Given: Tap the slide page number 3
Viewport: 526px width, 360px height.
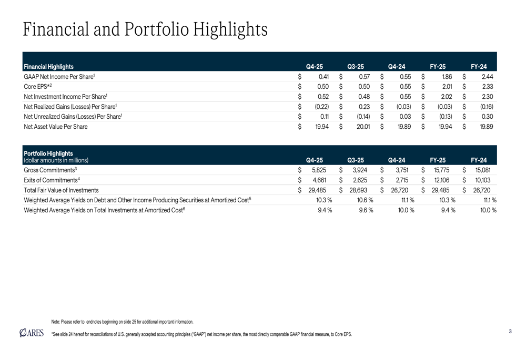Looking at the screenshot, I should (x=510, y=331).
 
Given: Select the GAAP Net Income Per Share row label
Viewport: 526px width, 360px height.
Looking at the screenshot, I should (x=59, y=77).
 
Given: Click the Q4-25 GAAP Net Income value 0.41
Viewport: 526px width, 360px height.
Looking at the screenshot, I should (x=324, y=77).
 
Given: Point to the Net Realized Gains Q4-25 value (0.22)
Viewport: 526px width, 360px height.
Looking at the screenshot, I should (x=322, y=107).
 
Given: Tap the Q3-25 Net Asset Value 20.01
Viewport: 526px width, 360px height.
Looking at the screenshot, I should (x=363, y=126).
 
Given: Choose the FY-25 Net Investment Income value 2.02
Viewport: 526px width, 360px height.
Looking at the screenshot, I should (x=446, y=96).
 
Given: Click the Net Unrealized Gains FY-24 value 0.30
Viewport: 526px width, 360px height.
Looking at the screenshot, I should (x=487, y=116).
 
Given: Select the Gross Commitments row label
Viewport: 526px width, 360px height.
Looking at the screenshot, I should (x=50, y=170).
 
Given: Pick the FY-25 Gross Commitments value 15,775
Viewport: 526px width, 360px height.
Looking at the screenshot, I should (x=441, y=170).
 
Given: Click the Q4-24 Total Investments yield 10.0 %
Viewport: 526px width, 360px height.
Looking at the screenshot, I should (x=406, y=210).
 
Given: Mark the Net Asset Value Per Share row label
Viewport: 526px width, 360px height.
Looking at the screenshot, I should (x=56, y=126).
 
